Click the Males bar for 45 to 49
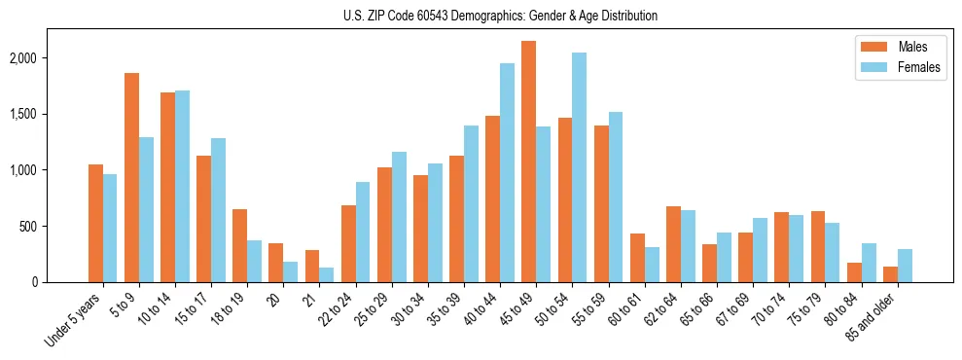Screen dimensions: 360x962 tap(528, 162)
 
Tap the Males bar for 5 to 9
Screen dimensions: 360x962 tap(131, 177)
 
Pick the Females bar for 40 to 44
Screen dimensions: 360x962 tap(507, 172)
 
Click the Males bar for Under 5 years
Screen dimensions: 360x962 tap(95, 223)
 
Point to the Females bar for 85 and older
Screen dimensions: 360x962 tap(905, 266)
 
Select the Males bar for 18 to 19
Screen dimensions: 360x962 tap(239, 245)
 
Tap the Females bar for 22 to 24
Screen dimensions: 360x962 tap(363, 232)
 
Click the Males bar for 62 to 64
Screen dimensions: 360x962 tap(673, 244)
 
